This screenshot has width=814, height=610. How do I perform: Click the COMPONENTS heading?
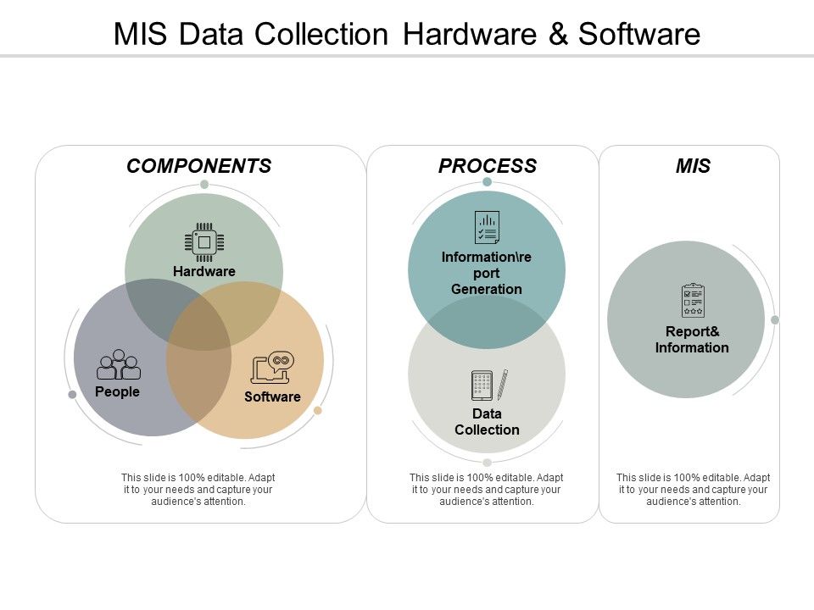pos(198,166)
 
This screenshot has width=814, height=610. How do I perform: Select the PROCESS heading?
pos(487,166)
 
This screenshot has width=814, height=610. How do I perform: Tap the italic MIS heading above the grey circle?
pos(693,166)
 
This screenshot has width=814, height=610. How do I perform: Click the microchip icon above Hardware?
pos(204,241)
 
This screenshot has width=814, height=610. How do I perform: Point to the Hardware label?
pos(204,271)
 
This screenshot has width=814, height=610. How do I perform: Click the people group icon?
pos(119,365)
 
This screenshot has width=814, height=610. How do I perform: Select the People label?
pos(117,392)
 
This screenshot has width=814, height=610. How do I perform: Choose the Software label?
pos(272,396)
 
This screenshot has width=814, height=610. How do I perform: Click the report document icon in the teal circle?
pos(487,227)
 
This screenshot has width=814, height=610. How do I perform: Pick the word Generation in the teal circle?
pos(487,289)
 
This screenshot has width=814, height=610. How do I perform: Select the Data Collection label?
pos(487,422)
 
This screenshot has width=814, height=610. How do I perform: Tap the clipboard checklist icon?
pos(693,301)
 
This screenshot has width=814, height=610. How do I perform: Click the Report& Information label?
pos(692,340)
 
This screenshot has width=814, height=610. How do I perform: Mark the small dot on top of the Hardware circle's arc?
pos(204,184)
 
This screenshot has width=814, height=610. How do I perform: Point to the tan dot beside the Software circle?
pos(318,411)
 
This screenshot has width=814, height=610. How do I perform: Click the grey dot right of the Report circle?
pos(774,319)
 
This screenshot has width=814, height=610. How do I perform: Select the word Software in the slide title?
pos(639,34)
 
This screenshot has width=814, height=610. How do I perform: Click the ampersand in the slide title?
pos(555,34)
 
